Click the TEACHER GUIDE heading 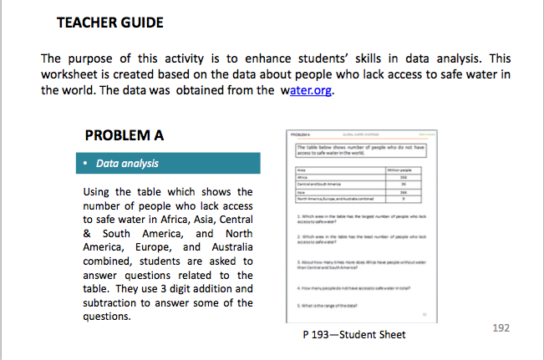[x=109, y=23]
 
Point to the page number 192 [x=501, y=328]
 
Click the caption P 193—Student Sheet [x=354, y=335]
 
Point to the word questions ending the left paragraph [x=108, y=317]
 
